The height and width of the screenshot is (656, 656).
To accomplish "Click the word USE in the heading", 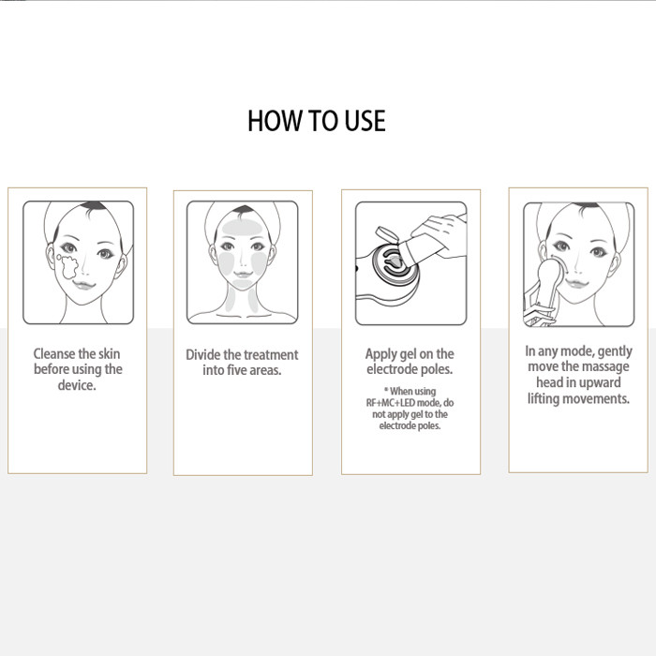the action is tap(365, 121).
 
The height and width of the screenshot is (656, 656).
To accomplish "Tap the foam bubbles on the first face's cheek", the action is tap(67, 266).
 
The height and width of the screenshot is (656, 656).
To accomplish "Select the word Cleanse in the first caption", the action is tap(54, 354).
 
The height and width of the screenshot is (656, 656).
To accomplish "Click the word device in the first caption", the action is tap(77, 385).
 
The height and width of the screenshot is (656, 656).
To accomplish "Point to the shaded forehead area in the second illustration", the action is tap(242, 227).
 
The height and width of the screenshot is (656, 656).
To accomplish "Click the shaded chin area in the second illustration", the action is tap(243, 284).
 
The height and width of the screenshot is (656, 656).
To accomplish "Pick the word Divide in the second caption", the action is tap(203, 355).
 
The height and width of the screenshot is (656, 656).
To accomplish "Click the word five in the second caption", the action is tap(236, 370).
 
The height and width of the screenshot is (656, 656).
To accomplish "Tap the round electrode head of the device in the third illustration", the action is tap(395, 268).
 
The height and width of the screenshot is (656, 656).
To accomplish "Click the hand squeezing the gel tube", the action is tap(440, 233).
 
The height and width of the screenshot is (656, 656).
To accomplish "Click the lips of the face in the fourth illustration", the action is tap(577, 284).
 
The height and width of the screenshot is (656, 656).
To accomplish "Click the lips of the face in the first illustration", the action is tap(84, 285).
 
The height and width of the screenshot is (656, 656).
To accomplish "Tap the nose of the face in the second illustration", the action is tap(243, 261).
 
